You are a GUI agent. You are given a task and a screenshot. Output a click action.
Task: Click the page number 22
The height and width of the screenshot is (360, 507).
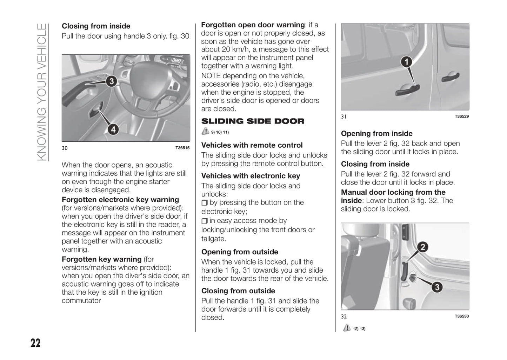point(35,343)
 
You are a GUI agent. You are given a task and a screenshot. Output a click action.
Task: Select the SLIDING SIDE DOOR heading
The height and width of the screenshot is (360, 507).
point(253,121)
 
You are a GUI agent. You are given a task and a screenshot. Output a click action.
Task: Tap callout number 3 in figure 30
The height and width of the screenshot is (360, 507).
point(111,82)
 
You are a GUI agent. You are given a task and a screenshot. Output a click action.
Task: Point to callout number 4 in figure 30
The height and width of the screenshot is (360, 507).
point(113,130)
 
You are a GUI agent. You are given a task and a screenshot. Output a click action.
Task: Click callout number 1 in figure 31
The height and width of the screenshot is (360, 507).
point(406,62)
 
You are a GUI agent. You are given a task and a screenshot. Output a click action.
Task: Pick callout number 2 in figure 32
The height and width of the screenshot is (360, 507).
point(423,247)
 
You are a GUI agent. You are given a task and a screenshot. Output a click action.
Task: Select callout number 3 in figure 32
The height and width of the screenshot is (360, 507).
point(437,288)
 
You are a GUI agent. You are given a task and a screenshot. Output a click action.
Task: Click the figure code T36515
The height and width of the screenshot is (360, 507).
point(182,148)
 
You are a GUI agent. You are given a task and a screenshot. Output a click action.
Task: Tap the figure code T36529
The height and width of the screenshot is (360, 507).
point(461,116)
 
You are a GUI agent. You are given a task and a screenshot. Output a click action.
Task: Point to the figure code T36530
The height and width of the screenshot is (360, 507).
point(461,316)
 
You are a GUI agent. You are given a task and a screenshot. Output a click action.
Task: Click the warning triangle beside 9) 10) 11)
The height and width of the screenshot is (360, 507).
point(205,132)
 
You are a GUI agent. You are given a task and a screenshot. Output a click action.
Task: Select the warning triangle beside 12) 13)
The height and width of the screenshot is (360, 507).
point(347,328)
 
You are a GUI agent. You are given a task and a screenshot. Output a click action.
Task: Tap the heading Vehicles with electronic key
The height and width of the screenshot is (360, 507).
point(251,176)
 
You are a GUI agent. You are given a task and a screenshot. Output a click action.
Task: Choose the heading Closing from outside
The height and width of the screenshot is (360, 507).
point(238,291)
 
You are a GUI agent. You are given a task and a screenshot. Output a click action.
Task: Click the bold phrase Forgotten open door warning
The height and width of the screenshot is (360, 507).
point(253,25)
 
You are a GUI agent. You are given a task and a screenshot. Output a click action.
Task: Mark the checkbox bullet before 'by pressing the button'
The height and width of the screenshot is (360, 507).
point(205,203)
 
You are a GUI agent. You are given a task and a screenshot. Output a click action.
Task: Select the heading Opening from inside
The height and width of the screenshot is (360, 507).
point(376,134)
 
